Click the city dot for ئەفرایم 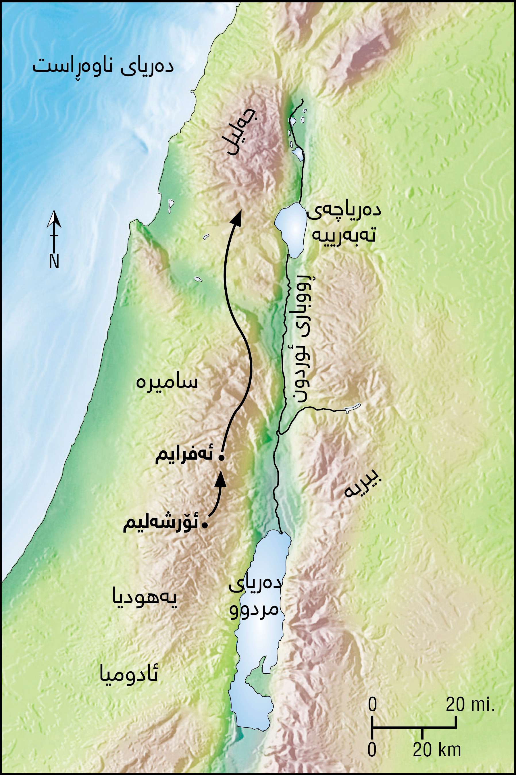pos(222,458)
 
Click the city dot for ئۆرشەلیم pos(205,525)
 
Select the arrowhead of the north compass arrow pos(54,219)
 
